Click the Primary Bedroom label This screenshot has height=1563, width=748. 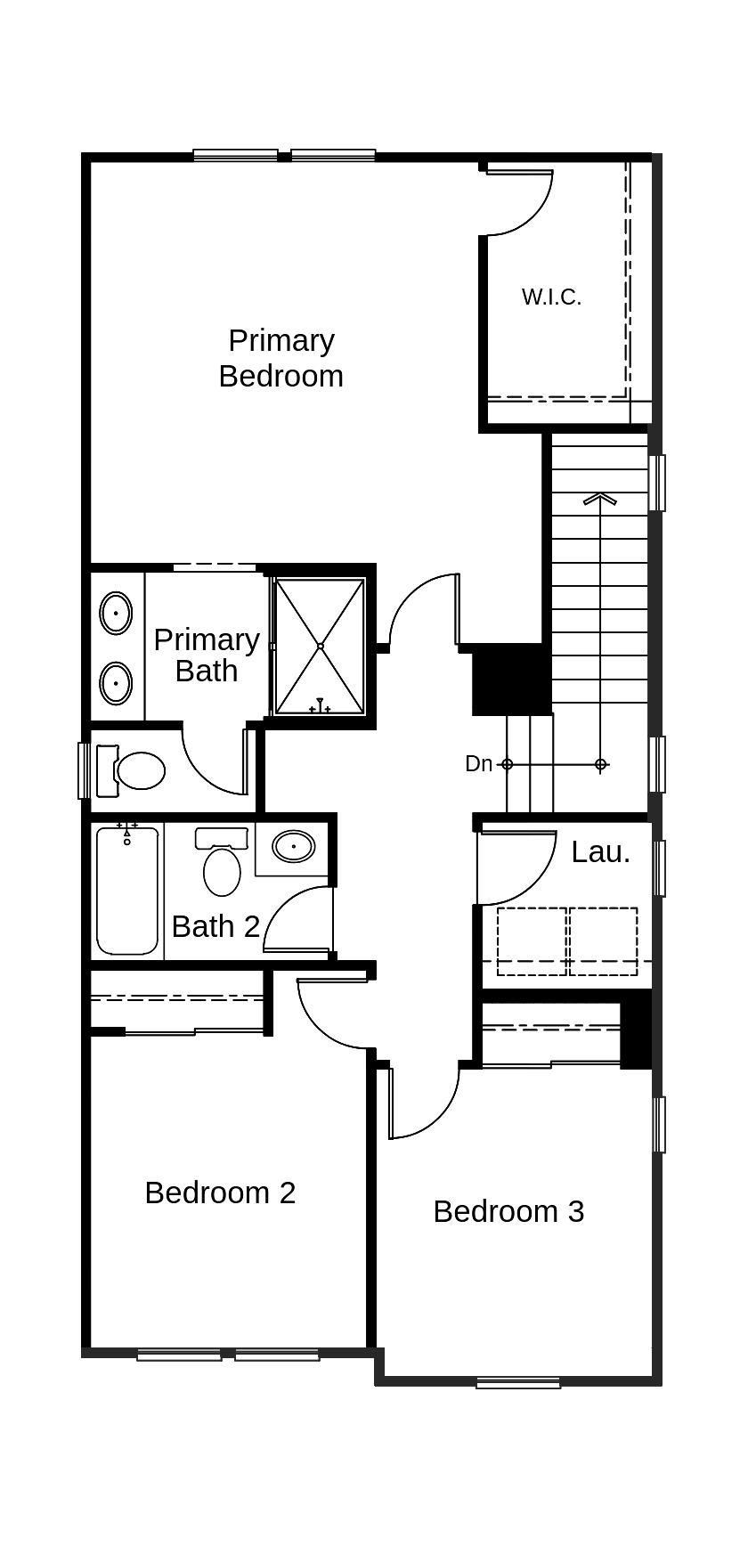[x=280, y=358]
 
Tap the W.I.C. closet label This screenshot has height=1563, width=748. [x=551, y=297]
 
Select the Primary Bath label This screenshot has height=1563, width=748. [x=207, y=655]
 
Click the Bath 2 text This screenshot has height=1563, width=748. [x=215, y=926]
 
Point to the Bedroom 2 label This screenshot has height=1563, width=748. [x=220, y=1193]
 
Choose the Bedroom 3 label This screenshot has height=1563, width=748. [x=508, y=1211]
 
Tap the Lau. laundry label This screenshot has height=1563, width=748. [x=600, y=852]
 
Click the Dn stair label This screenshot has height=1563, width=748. [x=478, y=763]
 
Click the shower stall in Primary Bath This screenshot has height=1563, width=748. [x=320, y=646]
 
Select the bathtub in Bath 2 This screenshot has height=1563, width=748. [x=127, y=891]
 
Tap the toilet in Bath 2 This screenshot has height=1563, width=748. [x=222, y=865]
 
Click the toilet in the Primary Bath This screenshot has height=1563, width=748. [x=135, y=770]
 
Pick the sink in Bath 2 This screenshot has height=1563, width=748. [x=293, y=845]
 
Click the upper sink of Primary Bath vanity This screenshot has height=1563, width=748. [x=116, y=614]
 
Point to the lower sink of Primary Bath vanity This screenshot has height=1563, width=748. [x=116, y=683]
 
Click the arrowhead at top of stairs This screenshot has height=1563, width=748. [x=600, y=499]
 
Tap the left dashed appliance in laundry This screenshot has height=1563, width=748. [x=532, y=940]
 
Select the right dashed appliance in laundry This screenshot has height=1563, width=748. [x=603, y=940]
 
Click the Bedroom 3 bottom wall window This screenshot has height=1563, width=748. [x=518, y=1383]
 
